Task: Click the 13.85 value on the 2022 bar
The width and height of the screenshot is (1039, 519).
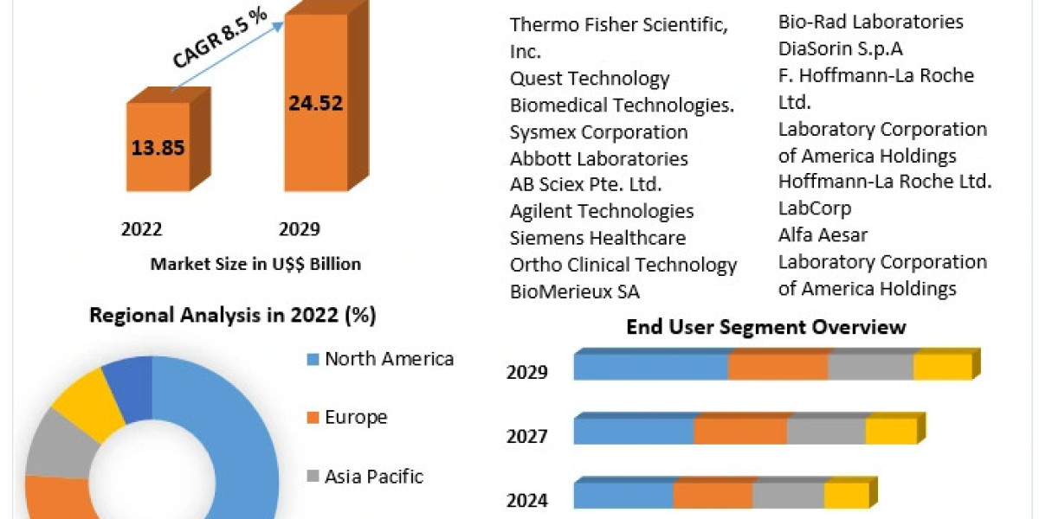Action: tap(158, 147)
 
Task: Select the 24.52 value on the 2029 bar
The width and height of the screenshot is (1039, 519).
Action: tap(315, 104)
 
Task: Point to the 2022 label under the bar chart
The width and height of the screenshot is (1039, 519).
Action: tap(141, 229)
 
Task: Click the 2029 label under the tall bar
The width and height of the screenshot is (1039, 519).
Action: tap(300, 229)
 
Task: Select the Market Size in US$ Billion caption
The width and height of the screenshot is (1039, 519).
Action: tap(255, 264)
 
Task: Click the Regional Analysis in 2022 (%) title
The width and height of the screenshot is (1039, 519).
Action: tap(233, 316)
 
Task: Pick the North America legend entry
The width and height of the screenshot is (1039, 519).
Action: tap(389, 359)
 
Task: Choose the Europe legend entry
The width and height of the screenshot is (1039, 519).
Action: tap(356, 418)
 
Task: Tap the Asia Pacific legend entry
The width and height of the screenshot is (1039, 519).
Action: tap(374, 476)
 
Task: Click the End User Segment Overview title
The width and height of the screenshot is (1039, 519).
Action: tap(766, 327)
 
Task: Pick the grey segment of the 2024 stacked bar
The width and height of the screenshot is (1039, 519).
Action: tap(788, 496)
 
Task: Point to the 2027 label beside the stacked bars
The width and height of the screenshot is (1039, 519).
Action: tap(526, 436)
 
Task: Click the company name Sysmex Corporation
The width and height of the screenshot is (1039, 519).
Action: tap(599, 132)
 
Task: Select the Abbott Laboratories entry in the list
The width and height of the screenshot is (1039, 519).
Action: tap(599, 159)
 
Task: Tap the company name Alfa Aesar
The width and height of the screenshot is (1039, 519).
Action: tap(823, 234)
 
